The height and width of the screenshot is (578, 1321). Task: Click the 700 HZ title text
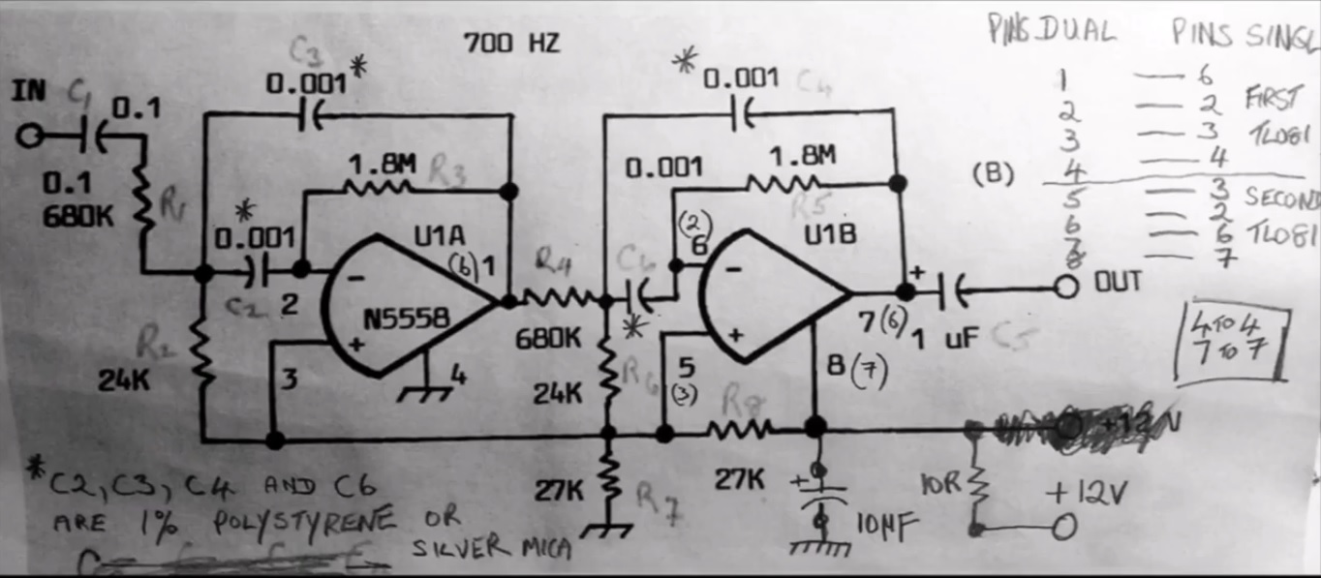[x=511, y=44]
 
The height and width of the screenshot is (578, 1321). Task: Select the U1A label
[x=440, y=235]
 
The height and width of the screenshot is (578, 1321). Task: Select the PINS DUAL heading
[x=1052, y=32]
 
